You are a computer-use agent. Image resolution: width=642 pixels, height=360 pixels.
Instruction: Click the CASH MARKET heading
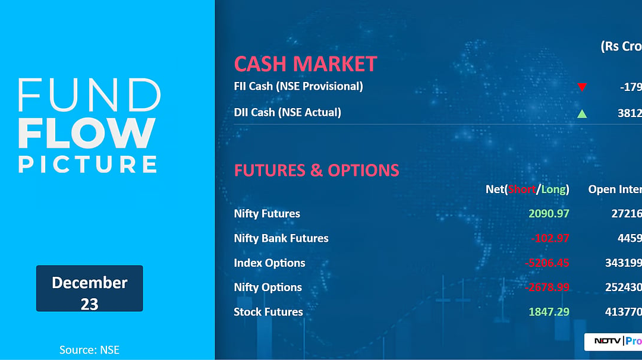point(306,64)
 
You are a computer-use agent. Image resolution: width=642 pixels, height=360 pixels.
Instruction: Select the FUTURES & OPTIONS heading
point(316,170)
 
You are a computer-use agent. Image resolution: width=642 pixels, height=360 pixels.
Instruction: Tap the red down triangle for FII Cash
point(582,87)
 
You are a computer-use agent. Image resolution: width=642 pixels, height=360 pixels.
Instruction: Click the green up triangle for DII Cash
point(582,113)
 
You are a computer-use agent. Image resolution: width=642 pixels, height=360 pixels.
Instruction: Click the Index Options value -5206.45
point(547,263)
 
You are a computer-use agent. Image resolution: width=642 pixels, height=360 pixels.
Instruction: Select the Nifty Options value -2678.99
point(547,288)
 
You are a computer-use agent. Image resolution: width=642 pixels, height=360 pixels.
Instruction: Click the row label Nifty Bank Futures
point(281,238)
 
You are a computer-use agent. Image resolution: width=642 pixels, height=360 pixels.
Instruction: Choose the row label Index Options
point(269,263)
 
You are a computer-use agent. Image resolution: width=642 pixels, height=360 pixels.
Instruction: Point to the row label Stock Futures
point(268,312)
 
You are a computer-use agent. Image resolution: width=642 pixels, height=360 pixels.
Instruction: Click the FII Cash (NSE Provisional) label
point(298,86)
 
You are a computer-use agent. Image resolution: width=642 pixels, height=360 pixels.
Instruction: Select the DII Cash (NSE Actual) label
point(288,112)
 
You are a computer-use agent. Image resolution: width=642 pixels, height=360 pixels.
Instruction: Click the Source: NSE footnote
point(89,350)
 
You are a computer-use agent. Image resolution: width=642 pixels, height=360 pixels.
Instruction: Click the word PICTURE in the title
point(88,164)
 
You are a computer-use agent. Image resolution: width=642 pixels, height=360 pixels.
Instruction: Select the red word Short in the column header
point(521,190)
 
